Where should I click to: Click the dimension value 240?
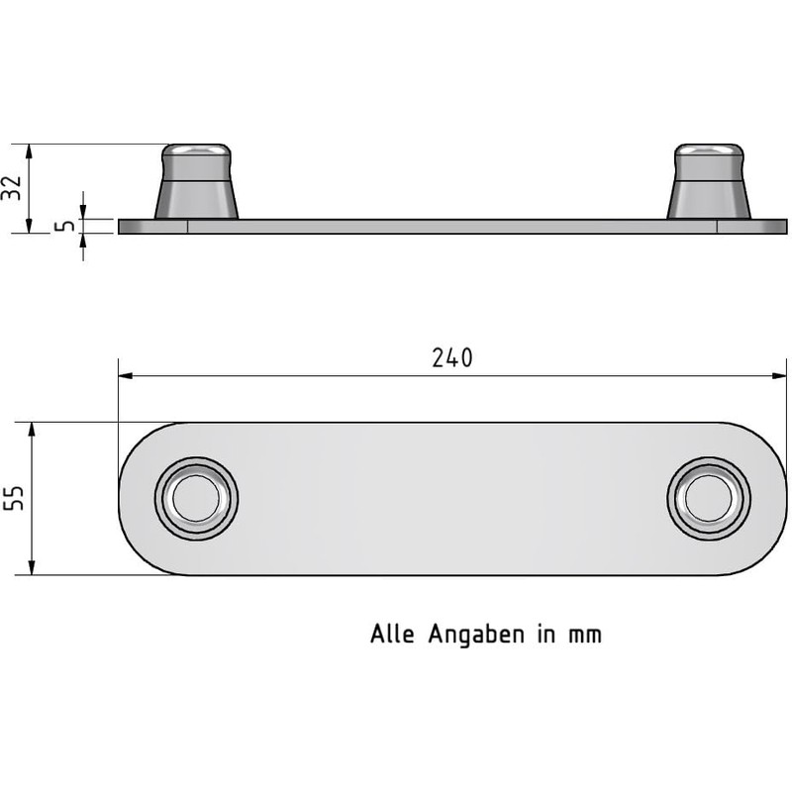click(x=452, y=358)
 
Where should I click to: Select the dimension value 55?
click(x=13, y=499)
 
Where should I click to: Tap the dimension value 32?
click(x=11, y=188)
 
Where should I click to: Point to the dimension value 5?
click(x=65, y=226)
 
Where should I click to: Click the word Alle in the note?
click(x=393, y=634)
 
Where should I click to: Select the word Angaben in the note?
click(x=478, y=635)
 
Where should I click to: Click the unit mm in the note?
click(x=585, y=635)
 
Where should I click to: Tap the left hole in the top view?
click(x=196, y=498)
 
